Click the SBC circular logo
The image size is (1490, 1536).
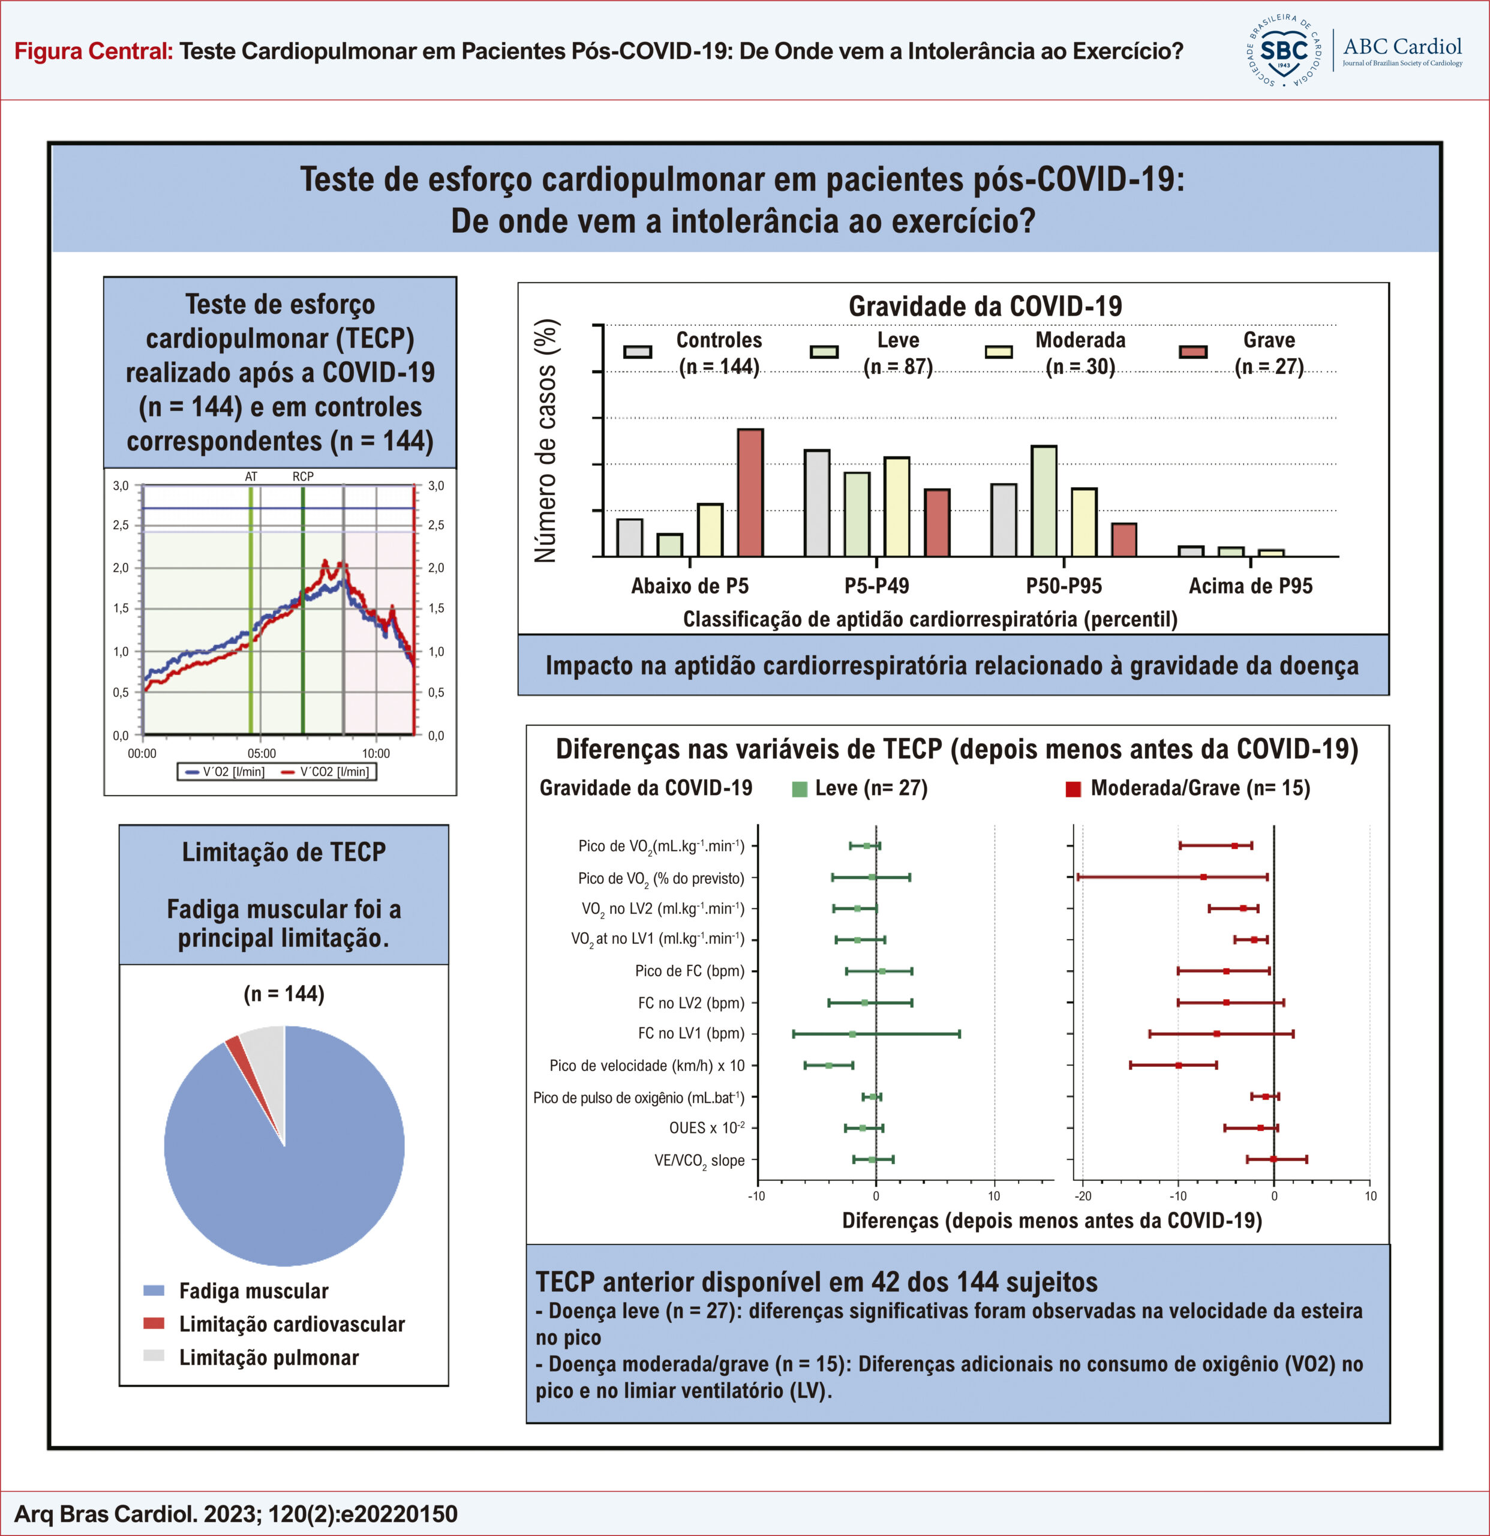[1283, 51]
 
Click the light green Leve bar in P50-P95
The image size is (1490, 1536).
[1044, 501]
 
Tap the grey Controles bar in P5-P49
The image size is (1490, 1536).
[817, 503]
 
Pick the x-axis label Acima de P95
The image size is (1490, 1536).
[1250, 586]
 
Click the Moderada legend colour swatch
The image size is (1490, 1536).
[999, 352]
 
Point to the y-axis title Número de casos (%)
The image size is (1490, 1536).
[545, 440]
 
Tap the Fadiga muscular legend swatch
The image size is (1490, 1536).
[154, 1290]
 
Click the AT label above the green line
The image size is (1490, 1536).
[251, 476]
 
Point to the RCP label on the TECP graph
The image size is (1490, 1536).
[303, 476]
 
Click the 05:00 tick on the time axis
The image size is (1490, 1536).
[262, 754]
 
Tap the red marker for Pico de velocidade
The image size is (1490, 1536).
[1178, 1065]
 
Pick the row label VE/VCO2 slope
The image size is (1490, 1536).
[699, 1160]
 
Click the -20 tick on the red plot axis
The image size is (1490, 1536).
[1083, 1196]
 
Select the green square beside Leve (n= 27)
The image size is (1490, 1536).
[800, 789]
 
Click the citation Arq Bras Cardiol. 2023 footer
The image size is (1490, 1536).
[236, 1513]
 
